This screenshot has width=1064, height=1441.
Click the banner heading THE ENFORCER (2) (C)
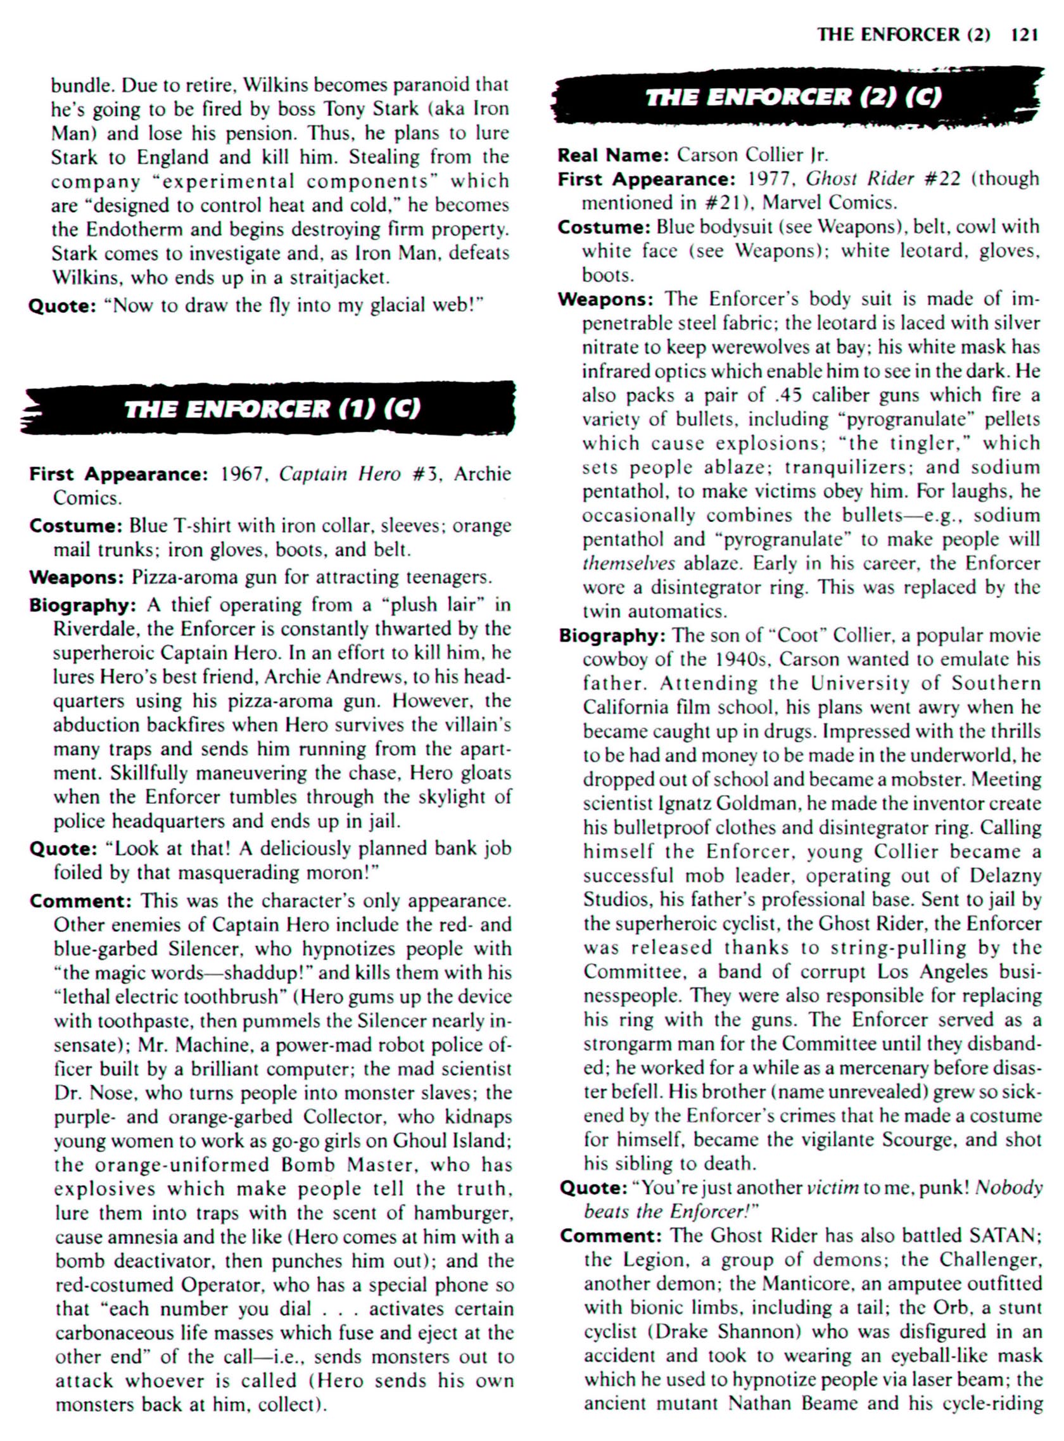coord(793,98)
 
